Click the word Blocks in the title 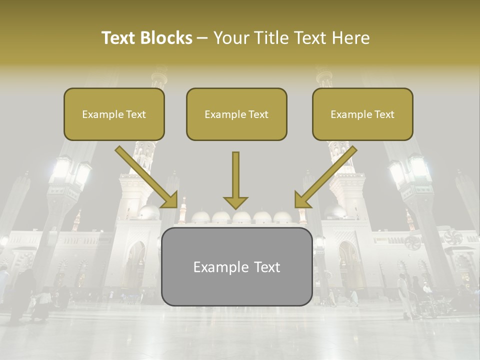(x=167, y=38)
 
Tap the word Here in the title (x=352, y=38)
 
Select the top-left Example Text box (x=114, y=114)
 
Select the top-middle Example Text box (x=236, y=114)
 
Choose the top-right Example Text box (x=362, y=114)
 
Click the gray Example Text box (x=236, y=267)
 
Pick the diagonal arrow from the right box (x=325, y=177)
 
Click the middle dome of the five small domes (x=241, y=216)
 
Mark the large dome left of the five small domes (x=149, y=212)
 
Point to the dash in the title (x=203, y=38)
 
